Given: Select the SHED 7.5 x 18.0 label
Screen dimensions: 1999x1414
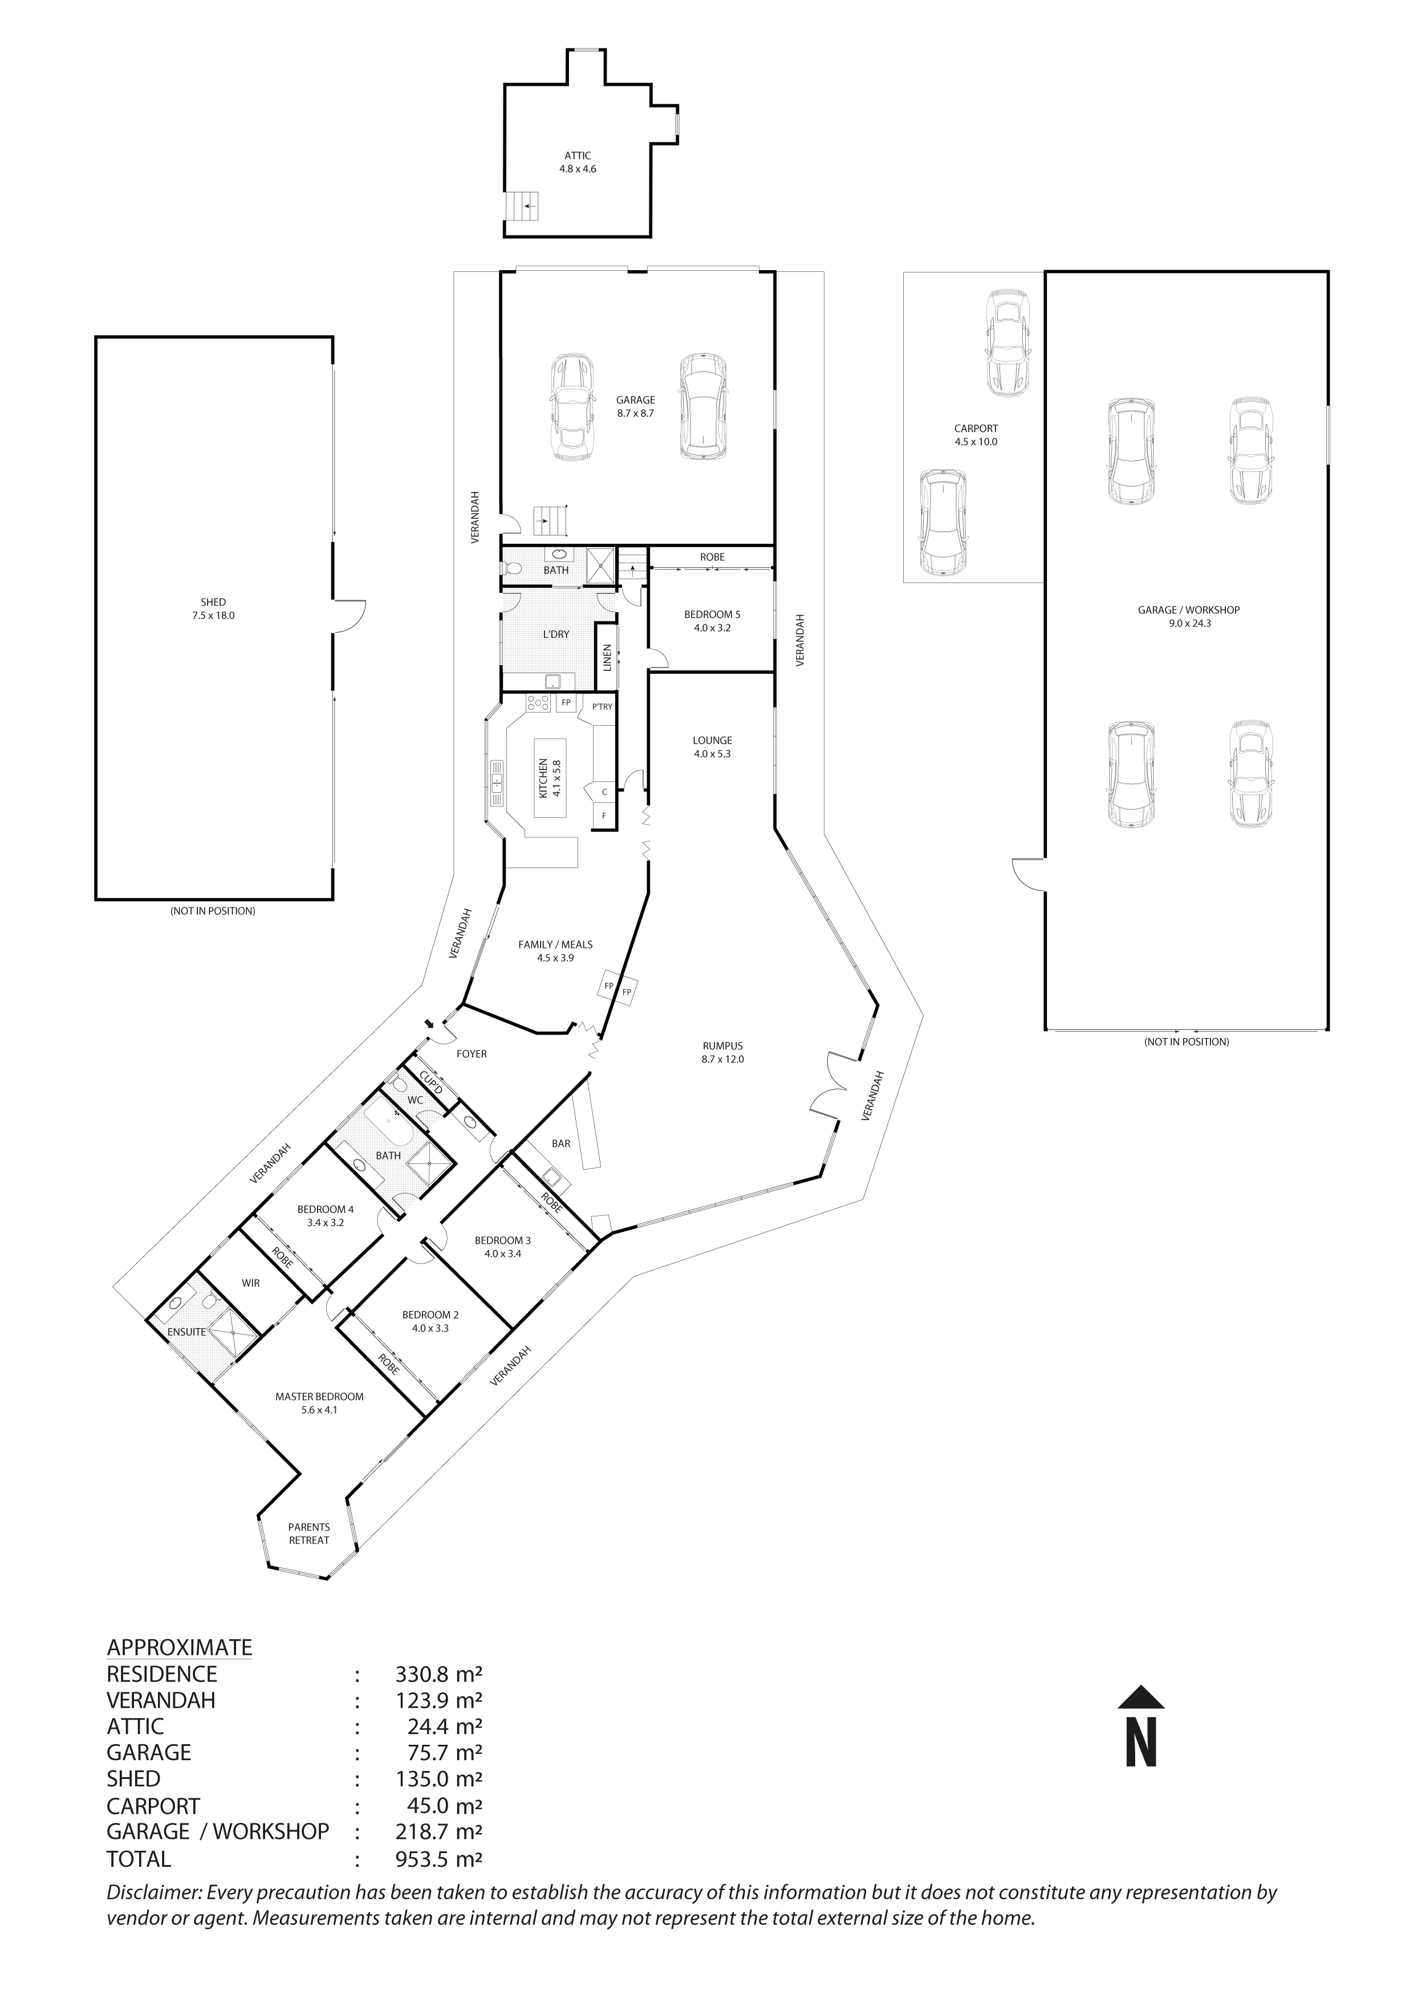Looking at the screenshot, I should coord(213,608).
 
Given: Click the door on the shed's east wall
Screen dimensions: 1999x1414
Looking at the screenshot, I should coord(348,616).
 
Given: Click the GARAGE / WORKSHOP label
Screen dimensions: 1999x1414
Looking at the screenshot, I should coord(1188,616).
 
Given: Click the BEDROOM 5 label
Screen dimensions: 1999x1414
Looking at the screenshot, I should coord(712,620).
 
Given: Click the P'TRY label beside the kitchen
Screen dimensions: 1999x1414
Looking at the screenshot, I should coord(602,706).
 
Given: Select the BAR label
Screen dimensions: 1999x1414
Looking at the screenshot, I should coord(560,1143).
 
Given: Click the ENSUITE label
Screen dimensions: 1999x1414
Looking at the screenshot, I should coord(187,1331).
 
